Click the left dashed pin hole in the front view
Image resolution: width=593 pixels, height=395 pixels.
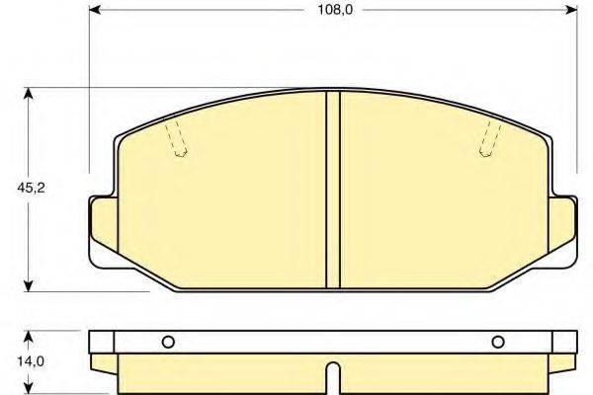click(x=176, y=140)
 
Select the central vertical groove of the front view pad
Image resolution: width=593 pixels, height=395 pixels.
click(x=333, y=188)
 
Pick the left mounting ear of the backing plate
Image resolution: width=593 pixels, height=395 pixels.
click(x=102, y=229)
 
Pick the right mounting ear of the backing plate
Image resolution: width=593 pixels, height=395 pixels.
click(x=564, y=229)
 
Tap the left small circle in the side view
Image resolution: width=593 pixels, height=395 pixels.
click(x=168, y=343)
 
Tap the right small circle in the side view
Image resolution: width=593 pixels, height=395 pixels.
click(x=497, y=343)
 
